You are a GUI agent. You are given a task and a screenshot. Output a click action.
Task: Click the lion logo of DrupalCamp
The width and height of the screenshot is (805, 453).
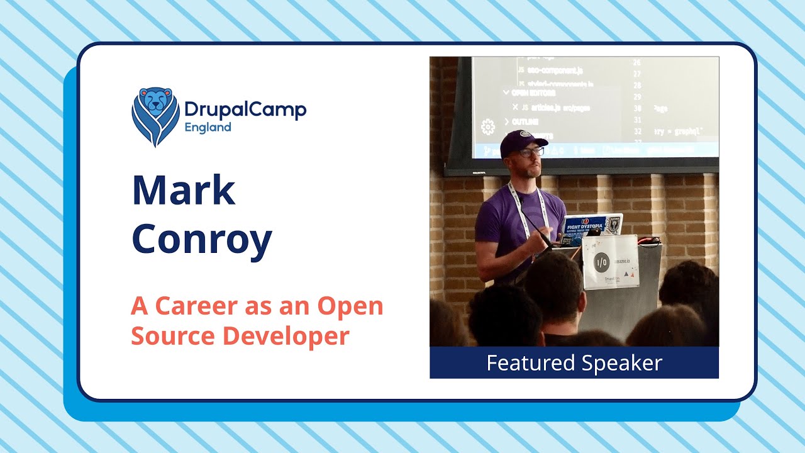pos(155,116)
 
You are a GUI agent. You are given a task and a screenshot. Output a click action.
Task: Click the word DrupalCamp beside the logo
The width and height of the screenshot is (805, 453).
pos(245,110)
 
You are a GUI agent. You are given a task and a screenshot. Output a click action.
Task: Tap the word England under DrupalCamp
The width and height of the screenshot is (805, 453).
pos(208,127)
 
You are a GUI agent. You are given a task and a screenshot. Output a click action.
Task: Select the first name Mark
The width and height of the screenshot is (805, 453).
pos(183,191)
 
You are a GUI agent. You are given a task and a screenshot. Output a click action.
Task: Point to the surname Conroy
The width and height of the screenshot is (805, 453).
pos(201,239)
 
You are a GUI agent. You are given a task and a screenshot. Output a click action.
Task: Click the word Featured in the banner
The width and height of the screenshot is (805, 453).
pos(530,363)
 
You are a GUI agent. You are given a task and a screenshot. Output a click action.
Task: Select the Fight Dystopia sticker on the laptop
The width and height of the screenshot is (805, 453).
pos(585,225)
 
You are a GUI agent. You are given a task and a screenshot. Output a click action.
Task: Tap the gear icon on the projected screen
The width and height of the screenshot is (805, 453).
pos(487,127)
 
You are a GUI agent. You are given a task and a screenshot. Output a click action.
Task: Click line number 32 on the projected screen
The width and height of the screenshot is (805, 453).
pos(636,132)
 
